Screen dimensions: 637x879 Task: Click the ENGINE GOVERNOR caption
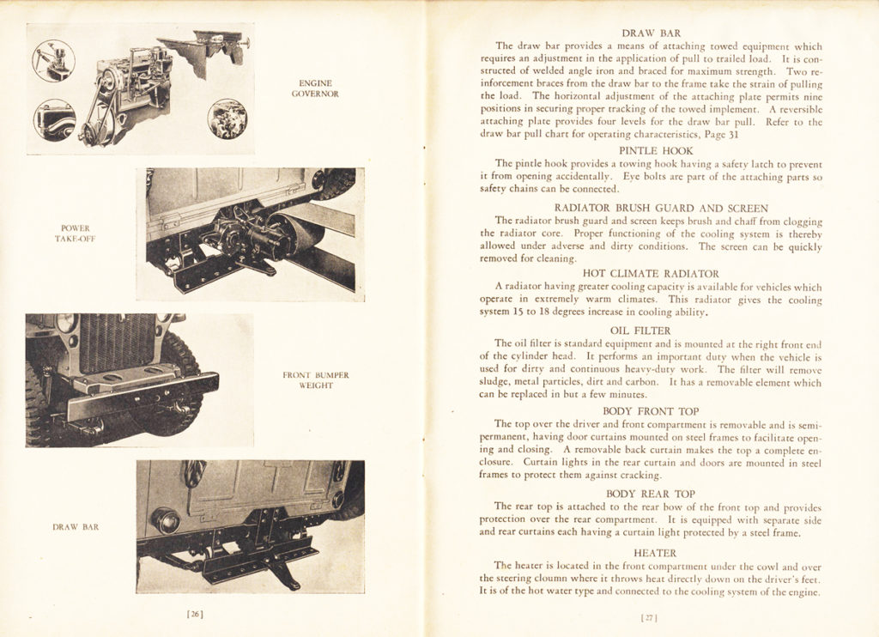[x=314, y=88]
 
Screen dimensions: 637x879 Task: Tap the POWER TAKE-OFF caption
[x=76, y=234]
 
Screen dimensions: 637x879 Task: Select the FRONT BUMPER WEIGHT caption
[x=315, y=380]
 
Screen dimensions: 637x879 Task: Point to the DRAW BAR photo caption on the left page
[x=76, y=527]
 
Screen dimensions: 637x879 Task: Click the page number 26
[x=195, y=614]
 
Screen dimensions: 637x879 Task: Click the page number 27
[x=650, y=616]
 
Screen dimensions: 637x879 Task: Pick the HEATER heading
[x=654, y=553]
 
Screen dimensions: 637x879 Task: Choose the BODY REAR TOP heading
[x=650, y=494]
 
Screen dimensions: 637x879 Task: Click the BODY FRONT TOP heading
[x=649, y=411]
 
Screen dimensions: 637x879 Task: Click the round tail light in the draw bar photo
[x=166, y=520]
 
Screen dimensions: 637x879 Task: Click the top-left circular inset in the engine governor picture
[x=53, y=61]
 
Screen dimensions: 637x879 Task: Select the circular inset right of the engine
[x=227, y=119]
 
